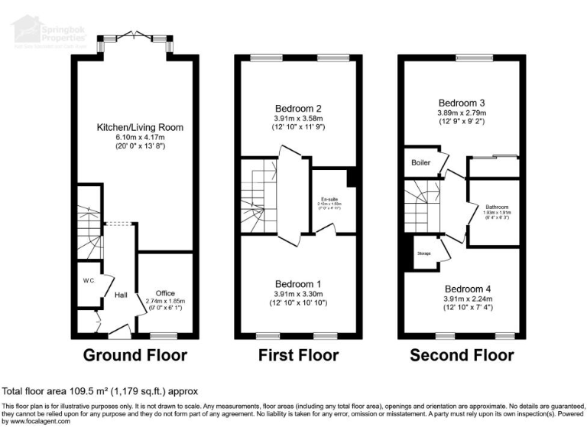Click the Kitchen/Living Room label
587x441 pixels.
[140, 127]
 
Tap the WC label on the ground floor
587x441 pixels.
[89, 280]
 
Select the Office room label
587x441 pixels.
[165, 293]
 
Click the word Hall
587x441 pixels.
[121, 294]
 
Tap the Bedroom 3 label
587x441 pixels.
[462, 103]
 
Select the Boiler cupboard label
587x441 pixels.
[420, 163]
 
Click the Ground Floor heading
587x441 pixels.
[135, 355]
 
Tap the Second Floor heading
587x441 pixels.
[462, 355]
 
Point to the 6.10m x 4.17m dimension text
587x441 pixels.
[140, 137]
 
